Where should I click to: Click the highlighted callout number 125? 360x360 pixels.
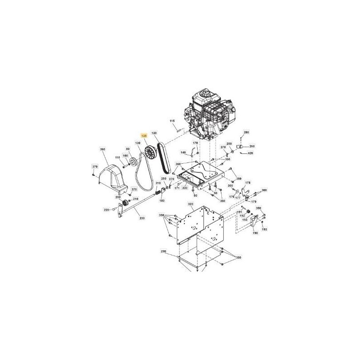pos(144,135)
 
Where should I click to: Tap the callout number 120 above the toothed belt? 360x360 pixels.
pos(154,133)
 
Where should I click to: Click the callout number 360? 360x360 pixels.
pos(102,149)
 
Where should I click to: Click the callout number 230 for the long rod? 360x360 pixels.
pos(142,218)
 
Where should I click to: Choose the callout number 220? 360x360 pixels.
pos(106,210)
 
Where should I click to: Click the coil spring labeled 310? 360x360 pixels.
pos(158,193)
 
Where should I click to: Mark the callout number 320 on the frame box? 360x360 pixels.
pos(190,204)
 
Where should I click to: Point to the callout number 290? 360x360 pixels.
pos(163,251)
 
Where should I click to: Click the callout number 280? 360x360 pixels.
pos(246,132)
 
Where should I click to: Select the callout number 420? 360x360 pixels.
pos(250,153)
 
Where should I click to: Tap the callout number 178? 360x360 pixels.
pos(247,183)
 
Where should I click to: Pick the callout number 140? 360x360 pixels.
pos(183,153)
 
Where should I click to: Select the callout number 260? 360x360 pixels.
pos(252,146)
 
